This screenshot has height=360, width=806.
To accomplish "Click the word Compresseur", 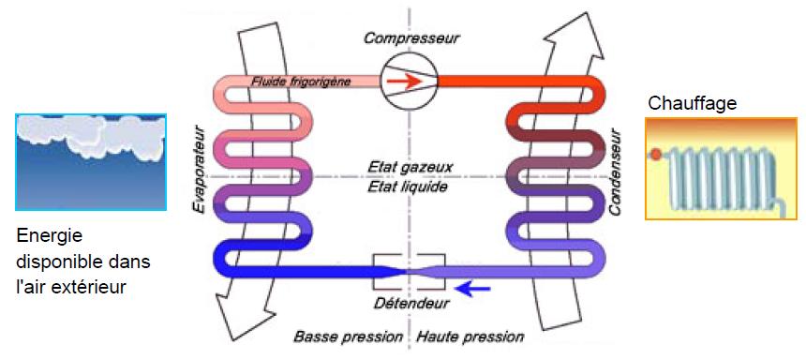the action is click(x=410, y=38).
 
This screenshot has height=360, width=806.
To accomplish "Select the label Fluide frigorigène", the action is click(x=301, y=82).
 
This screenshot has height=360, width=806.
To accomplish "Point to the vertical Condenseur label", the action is click(x=616, y=172).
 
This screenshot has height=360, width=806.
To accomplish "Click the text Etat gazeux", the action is click(x=410, y=167).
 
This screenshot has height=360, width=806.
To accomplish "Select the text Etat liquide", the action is click(x=408, y=187).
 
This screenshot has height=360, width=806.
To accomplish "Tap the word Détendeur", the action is click(x=410, y=303).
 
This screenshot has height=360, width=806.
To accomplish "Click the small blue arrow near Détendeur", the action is click(x=474, y=290).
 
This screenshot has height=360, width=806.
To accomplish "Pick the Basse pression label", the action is click(x=348, y=337).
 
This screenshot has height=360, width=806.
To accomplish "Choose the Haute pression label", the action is click(x=470, y=337).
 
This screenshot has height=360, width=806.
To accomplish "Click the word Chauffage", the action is click(x=693, y=103).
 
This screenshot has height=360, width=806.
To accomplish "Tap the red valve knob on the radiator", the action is click(x=656, y=153).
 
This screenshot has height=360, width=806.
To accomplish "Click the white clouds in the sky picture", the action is click(x=91, y=135).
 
